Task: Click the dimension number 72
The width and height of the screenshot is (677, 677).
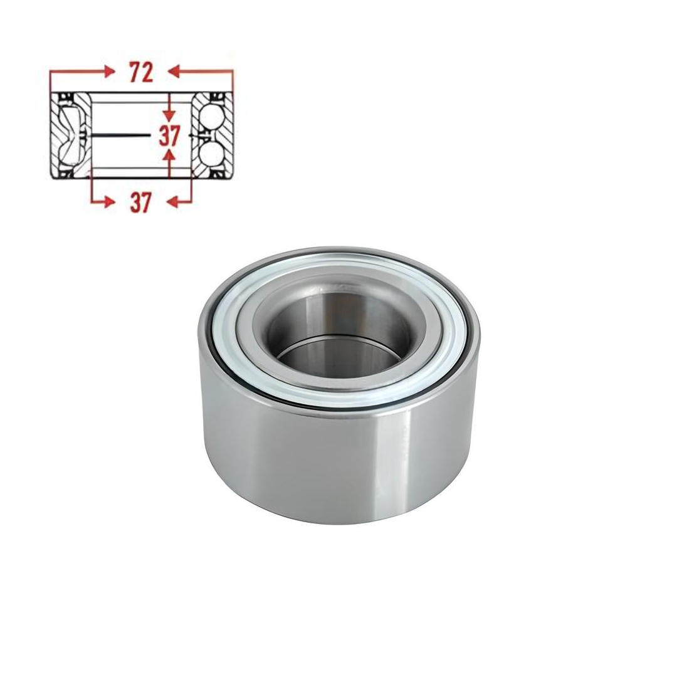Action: coord(141,73)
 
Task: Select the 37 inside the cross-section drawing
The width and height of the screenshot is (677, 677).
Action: coord(169,135)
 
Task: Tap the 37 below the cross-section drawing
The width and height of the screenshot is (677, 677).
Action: coord(141,202)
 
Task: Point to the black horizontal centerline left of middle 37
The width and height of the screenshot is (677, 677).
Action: coord(119,135)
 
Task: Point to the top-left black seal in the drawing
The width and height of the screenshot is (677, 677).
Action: coord(64,98)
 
